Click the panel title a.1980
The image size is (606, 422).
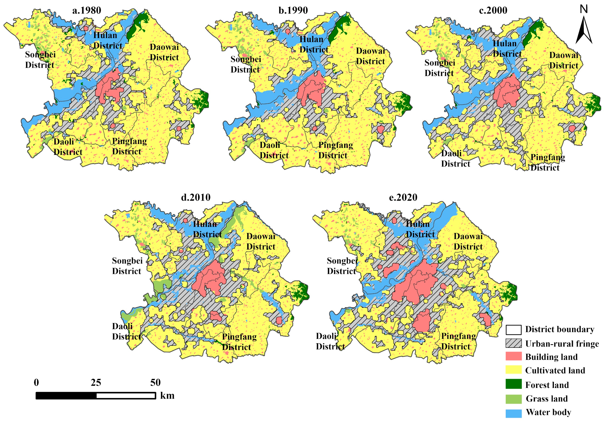click(87, 10)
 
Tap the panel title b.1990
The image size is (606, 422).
click(293, 10)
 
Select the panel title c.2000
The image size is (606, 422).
click(493, 10)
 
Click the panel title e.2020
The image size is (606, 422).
click(403, 197)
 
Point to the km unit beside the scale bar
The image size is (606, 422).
click(167, 396)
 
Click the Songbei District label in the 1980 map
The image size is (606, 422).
click(40, 60)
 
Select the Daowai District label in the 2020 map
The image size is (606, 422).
click(468, 241)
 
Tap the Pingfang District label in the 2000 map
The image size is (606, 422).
click(548, 162)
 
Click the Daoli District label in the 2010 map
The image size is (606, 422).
click(126, 331)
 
